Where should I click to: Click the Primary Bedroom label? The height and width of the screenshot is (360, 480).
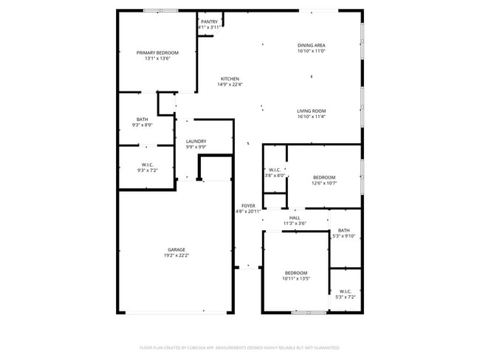[x=158, y=53]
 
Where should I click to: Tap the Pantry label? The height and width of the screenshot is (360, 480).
[x=210, y=21]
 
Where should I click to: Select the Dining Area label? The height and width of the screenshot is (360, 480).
[x=311, y=46]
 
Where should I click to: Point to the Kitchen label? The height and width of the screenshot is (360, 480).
[x=230, y=79]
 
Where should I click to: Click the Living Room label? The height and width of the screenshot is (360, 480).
[x=311, y=111]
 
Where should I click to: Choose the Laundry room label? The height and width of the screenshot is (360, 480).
[x=196, y=141]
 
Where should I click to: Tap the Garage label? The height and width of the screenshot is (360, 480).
[x=176, y=249]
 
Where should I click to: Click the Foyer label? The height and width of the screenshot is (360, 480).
[x=248, y=206]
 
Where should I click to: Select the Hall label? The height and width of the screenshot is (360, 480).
[x=295, y=218]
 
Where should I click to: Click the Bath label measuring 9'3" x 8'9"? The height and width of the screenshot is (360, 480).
[x=142, y=120]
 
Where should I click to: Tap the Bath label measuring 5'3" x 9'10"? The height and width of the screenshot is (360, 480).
[x=344, y=230]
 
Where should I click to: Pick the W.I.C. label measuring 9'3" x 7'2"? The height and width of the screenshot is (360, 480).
[x=146, y=165]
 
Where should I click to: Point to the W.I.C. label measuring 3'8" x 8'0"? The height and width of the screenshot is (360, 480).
[x=275, y=170]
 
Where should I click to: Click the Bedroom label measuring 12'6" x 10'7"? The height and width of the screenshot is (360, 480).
[x=324, y=177]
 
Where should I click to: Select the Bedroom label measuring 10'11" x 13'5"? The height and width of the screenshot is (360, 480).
[x=296, y=273]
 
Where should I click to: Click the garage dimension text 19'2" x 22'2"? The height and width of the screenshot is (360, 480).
[x=176, y=255]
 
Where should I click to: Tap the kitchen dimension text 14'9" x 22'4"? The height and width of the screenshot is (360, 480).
[x=230, y=85]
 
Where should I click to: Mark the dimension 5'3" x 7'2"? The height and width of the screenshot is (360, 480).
[x=346, y=297]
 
